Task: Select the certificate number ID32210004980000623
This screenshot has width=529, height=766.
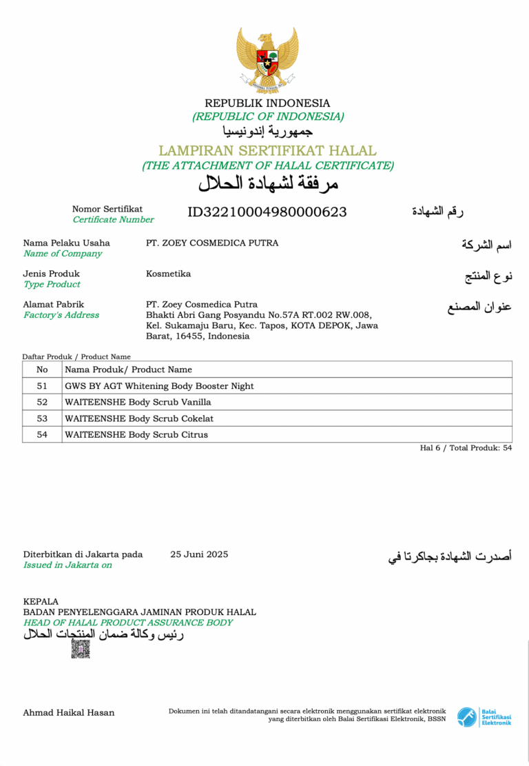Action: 267,212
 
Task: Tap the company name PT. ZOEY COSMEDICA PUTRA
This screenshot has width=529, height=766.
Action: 212,243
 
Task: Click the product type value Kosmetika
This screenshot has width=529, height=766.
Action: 168,274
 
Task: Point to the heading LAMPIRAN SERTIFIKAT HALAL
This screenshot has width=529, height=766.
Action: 267,150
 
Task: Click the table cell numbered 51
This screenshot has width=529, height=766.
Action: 42,386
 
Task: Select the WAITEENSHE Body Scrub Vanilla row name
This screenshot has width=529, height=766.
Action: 138,402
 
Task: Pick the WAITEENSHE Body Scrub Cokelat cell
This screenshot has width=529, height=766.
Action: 138,419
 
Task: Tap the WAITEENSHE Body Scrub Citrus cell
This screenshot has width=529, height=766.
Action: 136,434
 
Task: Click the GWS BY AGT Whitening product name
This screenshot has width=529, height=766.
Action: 159,386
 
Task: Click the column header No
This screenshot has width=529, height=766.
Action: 42,370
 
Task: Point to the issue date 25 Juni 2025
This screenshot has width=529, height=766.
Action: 199,554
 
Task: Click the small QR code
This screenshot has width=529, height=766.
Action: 81,649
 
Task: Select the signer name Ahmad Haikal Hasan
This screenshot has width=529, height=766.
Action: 69,712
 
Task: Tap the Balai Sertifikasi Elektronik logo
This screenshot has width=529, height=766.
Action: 484,716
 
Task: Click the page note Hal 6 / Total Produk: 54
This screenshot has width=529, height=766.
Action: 466,448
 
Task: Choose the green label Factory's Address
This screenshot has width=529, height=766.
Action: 61,315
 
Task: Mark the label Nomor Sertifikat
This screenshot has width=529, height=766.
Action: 107,209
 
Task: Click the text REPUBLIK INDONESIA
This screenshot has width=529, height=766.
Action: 267,103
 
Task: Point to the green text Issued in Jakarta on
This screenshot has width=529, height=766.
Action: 68,565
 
